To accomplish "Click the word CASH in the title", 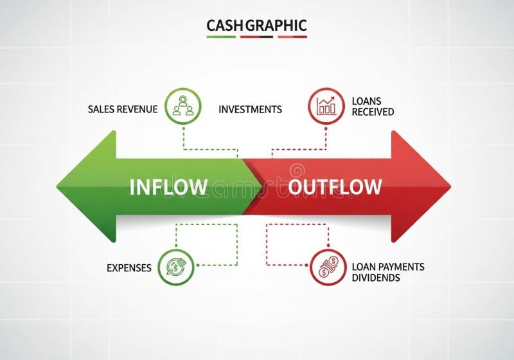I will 220,26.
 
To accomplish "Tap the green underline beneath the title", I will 222,37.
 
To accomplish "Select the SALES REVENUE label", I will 123,109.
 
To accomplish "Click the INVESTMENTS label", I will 250,109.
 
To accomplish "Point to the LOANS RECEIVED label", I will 373,107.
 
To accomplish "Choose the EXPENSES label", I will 129,267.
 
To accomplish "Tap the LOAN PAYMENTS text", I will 388,267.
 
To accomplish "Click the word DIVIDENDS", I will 376,278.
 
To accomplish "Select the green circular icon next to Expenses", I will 175,265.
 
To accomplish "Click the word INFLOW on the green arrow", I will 168,187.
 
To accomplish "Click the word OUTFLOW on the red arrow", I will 335,187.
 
